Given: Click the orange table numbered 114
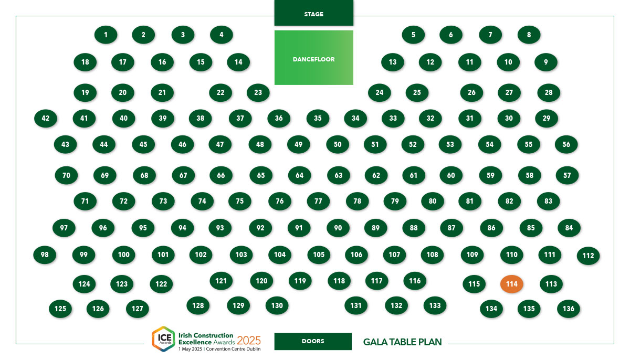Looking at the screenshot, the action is pyautogui.click(x=511, y=284).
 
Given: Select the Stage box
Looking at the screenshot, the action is pyautogui.click(x=313, y=13).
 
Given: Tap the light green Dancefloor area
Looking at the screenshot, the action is pyautogui.click(x=313, y=58).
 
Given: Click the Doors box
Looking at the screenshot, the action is pyautogui.click(x=313, y=341).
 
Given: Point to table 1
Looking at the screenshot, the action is pyautogui.click(x=106, y=35).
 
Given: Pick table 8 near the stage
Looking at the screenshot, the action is pyautogui.click(x=529, y=35).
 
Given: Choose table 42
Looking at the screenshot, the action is pyautogui.click(x=46, y=118).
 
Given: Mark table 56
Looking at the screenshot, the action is pyautogui.click(x=566, y=144).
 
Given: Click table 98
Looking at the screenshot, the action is pyautogui.click(x=45, y=255).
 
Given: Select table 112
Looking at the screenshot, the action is pyautogui.click(x=588, y=256).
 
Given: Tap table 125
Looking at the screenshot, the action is pyautogui.click(x=60, y=309).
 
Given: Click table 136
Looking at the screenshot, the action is pyautogui.click(x=569, y=309).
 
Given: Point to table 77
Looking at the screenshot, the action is pyautogui.click(x=318, y=201).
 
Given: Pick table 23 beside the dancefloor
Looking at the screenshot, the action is pyautogui.click(x=258, y=92).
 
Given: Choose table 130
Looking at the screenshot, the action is pyautogui.click(x=277, y=305).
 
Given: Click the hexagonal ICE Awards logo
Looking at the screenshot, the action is pyautogui.click(x=163, y=339).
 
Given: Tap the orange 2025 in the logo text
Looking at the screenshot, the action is pyautogui.click(x=249, y=341).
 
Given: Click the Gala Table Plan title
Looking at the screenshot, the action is pyautogui.click(x=403, y=342).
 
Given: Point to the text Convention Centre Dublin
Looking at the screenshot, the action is pyautogui.click(x=233, y=349).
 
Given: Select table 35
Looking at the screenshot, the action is pyautogui.click(x=318, y=118).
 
